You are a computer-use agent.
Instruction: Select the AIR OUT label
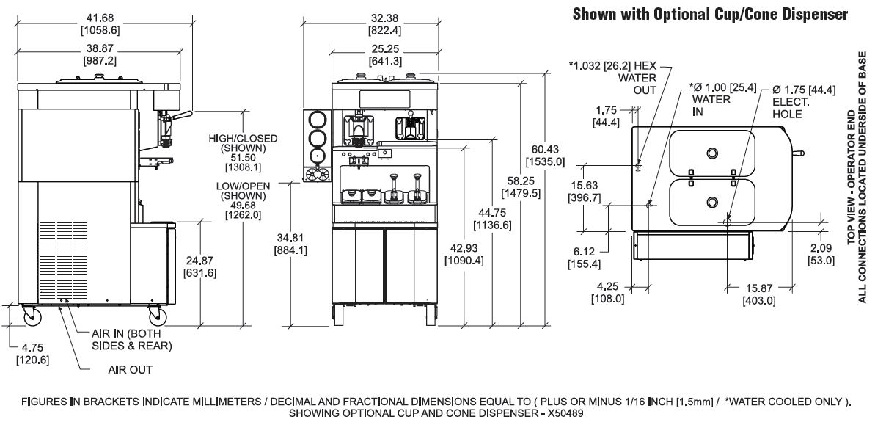[130, 370]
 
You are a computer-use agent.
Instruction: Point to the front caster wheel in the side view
[158, 316]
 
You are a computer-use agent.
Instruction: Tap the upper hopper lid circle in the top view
[712, 153]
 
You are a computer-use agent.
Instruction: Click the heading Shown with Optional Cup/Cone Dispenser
[711, 13]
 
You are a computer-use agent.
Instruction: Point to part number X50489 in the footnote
[562, 413]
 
